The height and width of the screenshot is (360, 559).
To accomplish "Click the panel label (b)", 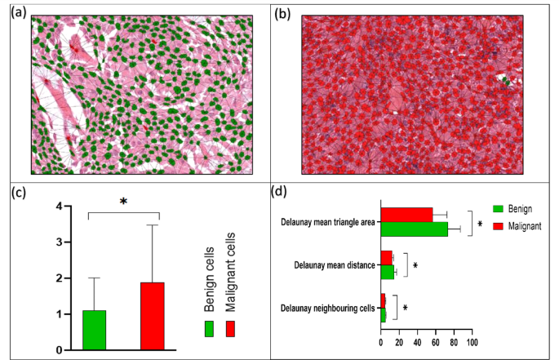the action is [x=282, y=13].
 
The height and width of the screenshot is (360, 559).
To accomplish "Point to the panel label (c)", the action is [x=18, y=193].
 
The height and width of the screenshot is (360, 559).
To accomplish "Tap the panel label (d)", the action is [x=279, y=192].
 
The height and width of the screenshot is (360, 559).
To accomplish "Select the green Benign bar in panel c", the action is [x=94, y=330].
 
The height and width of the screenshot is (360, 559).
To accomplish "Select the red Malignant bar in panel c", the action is [x=153, y=316].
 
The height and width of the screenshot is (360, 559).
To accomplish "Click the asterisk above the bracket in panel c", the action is [x=123, y=202].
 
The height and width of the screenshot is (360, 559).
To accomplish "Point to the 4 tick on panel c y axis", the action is [x=59, y=207].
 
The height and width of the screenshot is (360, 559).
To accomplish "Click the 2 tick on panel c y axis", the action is [x=59, y=278].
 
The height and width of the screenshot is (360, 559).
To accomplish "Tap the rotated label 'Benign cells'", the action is [x=209, y=279].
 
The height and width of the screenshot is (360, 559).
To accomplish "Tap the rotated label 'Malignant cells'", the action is [x=230, y=272].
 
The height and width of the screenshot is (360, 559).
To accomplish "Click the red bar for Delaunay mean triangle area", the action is [x=406, y=215].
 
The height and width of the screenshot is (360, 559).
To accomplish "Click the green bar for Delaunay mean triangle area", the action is [x=415, y=229].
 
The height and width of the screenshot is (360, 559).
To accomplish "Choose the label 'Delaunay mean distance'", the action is [x=335, y=265].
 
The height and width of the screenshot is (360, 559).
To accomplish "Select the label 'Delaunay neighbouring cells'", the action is [x=327, y=308].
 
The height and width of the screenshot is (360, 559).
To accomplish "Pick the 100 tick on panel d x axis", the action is [x=472, y=343].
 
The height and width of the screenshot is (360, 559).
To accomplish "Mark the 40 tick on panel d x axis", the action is [x=418, y=343].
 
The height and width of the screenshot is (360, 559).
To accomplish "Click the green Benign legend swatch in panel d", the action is [x=498, y=209].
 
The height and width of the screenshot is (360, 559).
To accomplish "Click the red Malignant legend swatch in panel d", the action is [x=498, y=226].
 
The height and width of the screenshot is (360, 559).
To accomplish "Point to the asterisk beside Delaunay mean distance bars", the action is [x=415, y=265].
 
